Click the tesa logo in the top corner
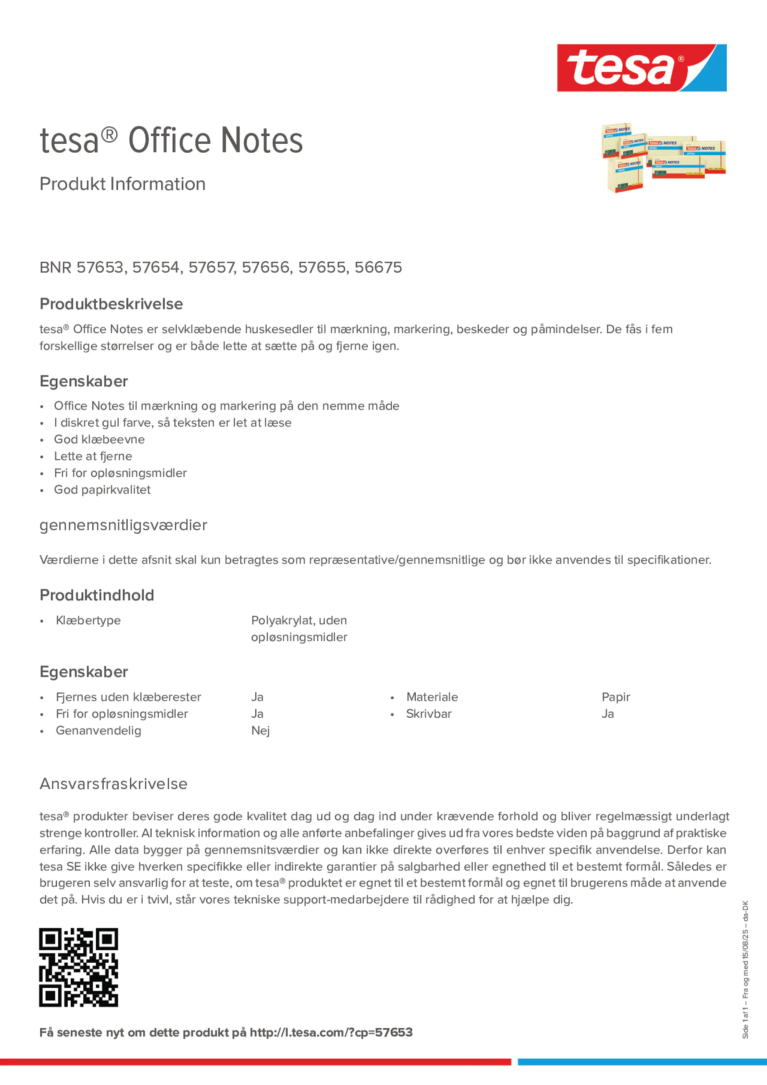(641, 67)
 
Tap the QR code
(78, 967)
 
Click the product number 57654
(157, 267)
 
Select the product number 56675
(378, 267)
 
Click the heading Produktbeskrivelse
(111, 304)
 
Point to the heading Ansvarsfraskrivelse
(113, 784)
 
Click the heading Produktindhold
(97, 595)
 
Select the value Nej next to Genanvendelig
(261, 731)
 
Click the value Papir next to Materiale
(616, 697)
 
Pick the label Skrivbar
(429, 714)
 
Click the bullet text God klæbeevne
(99, 440)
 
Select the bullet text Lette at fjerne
(93, 456)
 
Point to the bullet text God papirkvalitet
(102, 489)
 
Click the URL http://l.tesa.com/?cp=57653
(331, 1032)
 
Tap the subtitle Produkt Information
(122, 184)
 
